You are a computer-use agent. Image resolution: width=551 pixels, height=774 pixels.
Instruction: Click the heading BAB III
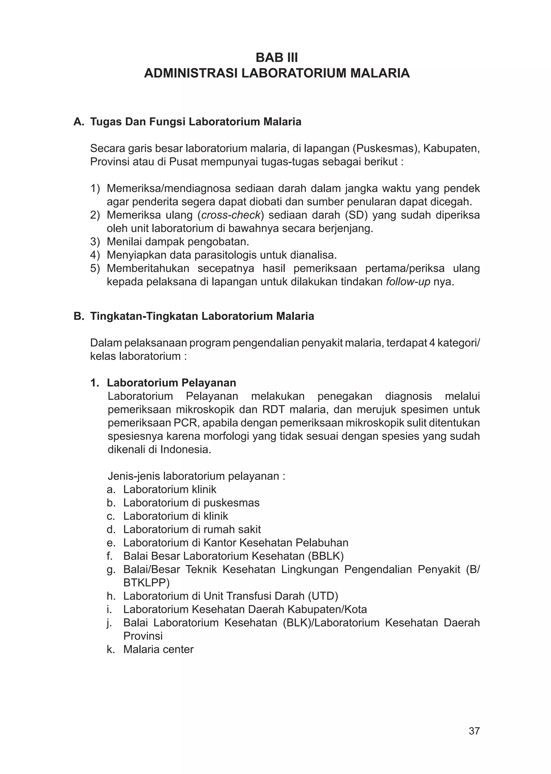[277, 58]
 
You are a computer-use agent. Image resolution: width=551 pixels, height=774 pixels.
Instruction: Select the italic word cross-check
[232, 215]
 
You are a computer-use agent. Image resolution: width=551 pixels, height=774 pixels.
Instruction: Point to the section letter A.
[78, 122]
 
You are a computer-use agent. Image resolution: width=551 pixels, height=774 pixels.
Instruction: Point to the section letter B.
[78, 316]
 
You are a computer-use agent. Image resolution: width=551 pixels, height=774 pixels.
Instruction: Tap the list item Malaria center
[158, 649]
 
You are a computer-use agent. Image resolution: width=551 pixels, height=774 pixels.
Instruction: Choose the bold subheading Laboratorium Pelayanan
[171, 383]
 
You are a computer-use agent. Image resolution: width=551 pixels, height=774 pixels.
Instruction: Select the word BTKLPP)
[147, 583]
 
